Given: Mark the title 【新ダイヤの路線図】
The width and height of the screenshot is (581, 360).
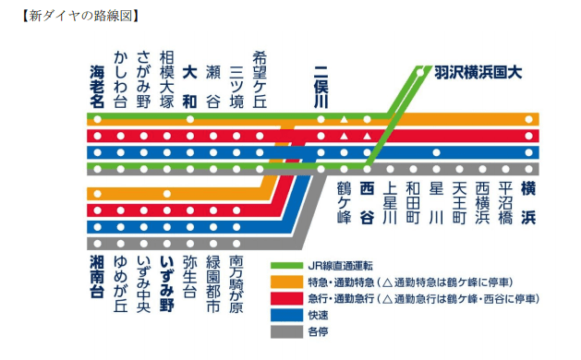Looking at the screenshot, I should (x=78, y=16).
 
